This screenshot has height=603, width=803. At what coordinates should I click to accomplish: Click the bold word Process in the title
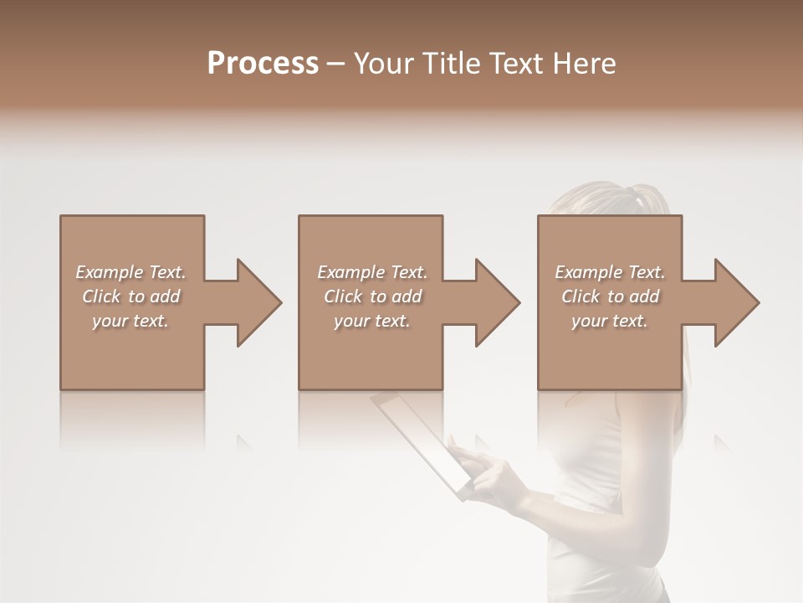[263, 64]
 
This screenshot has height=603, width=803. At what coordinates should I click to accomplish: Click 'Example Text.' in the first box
[130, 272]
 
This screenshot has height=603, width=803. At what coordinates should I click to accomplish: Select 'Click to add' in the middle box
[372, 296]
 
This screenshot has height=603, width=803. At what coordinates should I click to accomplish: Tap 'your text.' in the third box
[610, 321]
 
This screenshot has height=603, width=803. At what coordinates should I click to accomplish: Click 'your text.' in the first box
[130, 321]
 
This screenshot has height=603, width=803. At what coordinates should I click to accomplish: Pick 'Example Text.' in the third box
[610, 272]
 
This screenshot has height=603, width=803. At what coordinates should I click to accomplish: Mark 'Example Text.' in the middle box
[372, 272]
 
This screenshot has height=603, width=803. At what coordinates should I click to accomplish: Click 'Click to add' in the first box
[130, 296]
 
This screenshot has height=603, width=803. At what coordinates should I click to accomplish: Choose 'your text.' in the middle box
[372, 321]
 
